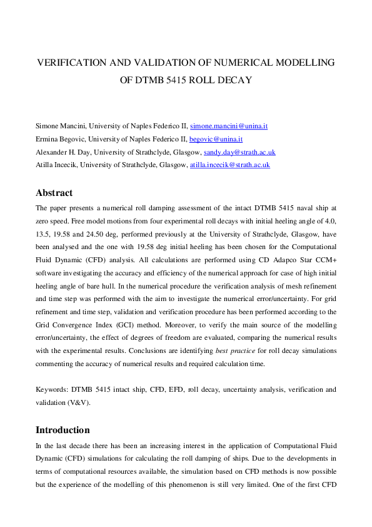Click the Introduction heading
point(63,430)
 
